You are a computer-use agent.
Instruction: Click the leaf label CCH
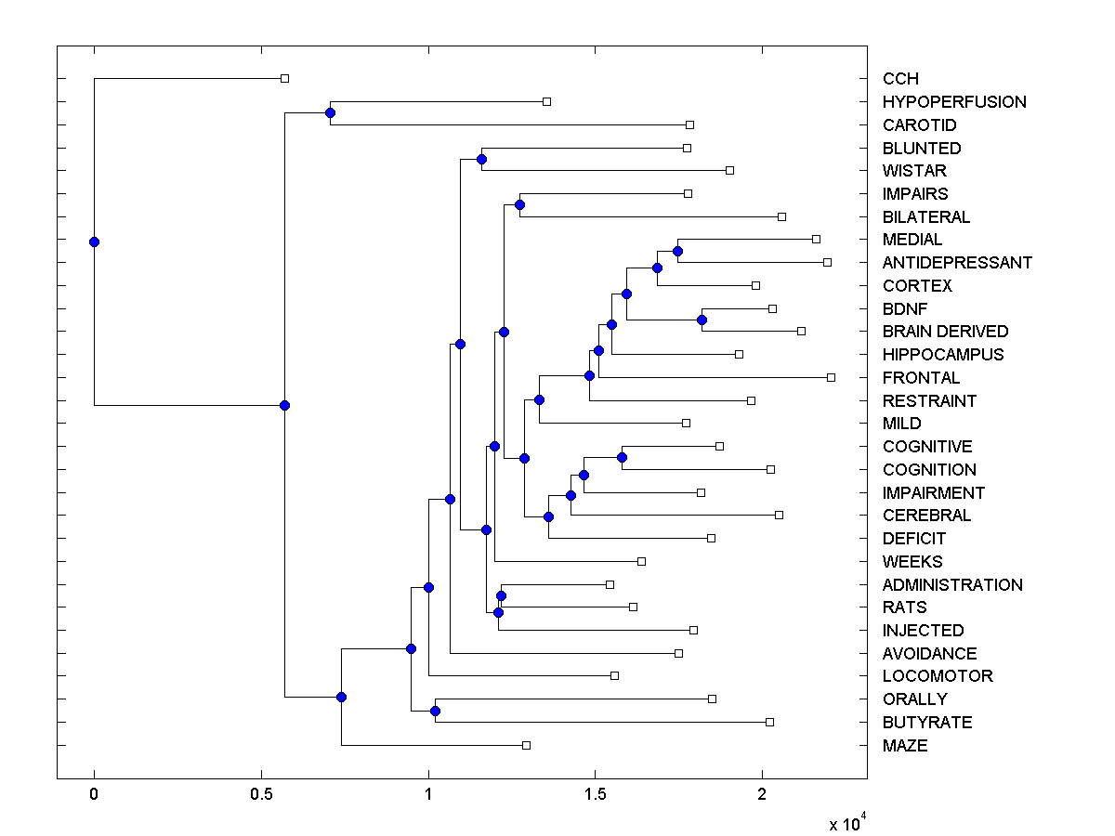pos(900,79)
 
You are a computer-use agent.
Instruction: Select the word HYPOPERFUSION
pos(954,102)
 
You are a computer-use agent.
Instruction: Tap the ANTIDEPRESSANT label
pos(957,263)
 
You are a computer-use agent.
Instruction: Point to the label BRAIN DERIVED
pos(945,332)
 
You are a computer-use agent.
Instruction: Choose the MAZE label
pos(905,745)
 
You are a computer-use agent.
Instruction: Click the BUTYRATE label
pos(927,723)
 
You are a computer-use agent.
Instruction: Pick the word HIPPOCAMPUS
pos(943,355)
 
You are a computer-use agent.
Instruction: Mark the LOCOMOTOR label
pos(938,676)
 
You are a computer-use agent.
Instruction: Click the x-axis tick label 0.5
pos(261,794)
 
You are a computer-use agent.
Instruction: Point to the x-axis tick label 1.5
pos(595,794)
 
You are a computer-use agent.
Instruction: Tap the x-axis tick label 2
pos(762,794)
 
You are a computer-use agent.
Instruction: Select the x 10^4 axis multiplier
pos(848,823)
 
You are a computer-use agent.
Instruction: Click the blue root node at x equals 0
pos(94,242)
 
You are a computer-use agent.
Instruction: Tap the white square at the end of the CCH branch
pos(285,78)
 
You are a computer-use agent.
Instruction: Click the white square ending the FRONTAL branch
pos(831,377)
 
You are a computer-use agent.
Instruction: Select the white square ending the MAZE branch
pos(526,745)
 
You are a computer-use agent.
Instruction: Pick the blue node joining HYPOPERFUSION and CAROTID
pos(330,112)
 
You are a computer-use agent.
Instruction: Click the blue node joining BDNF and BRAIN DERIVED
pos(702,320)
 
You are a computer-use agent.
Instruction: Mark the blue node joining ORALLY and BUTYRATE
pos(435,711)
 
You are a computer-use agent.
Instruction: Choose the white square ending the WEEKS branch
pos(641,561)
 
